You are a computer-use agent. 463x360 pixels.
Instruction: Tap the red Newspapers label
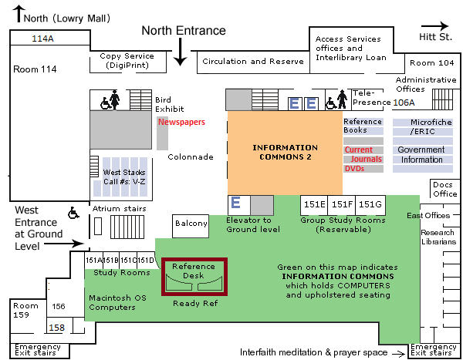click(x=183, y=122)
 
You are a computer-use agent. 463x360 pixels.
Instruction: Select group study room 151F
click(x=342, y=204)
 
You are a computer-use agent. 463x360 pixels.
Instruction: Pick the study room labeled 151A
click(x=93, y=260)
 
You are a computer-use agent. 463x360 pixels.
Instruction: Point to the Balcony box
click(x=191, y=224)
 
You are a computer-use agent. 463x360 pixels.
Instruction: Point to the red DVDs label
click(x=354, y=168)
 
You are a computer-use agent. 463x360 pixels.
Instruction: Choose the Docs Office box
click(x=444, y=189)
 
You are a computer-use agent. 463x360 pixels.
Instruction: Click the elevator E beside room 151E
click(x=236, y=204)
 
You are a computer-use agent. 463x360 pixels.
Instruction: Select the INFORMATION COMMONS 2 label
click(x=286, y=152)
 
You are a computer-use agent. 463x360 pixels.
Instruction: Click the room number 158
click(x=56, y=328)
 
